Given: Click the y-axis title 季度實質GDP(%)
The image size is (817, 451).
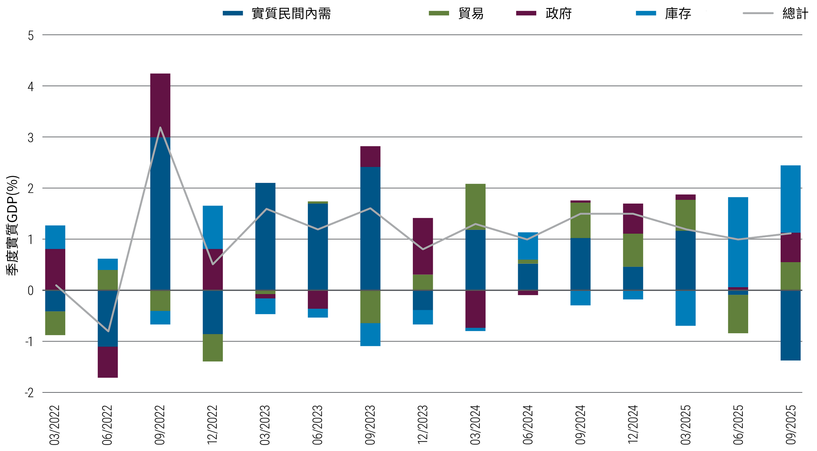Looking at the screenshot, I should tap(13, 225).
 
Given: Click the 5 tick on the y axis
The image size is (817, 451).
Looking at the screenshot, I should tap(31, 35).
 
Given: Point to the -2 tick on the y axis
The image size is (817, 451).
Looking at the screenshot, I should tap(29, 393).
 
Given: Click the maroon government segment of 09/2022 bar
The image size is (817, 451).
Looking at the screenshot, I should tap(160, 105).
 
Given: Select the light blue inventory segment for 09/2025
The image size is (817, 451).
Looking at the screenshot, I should tap(790, 199).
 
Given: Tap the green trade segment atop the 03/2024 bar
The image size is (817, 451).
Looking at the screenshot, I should tap(475, 207).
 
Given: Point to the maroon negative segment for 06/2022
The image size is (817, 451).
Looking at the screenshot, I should tap(107, 362).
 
